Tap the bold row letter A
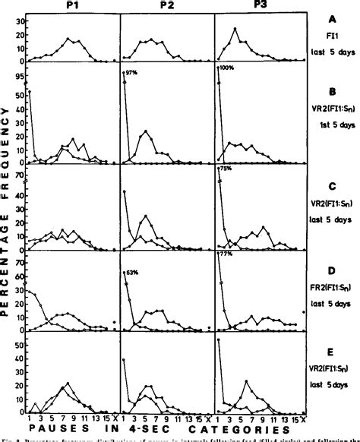332,22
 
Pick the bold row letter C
332,186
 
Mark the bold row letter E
332,354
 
